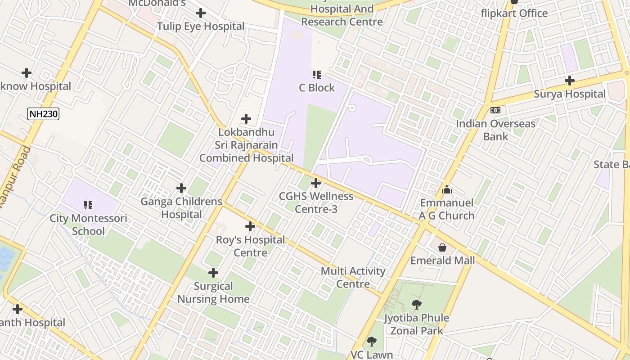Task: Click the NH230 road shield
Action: point(43,114)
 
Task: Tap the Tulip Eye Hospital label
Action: point(201,27)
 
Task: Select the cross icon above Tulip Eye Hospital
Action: point(201,13)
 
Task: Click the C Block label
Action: point(317,88)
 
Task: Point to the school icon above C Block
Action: point(317,74)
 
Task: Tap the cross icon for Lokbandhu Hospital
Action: point(246,119)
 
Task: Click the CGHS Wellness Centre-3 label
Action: point(316,202)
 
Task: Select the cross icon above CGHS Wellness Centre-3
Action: point(316,183)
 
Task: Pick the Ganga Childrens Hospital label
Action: point(181,208)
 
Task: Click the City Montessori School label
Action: point(88,225)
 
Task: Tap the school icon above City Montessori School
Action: point(88,205)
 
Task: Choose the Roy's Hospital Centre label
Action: point(250,246)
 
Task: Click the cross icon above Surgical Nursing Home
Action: point(213,273)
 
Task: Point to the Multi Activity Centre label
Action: point(353,277)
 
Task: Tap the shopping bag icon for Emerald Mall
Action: point(442,247)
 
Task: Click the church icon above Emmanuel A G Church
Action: point(447,189)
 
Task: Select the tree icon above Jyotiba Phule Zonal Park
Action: point(417,305)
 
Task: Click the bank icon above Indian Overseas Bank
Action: point(495,110)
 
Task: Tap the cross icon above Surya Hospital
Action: point(570,81)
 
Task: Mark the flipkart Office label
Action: point(514,13)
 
